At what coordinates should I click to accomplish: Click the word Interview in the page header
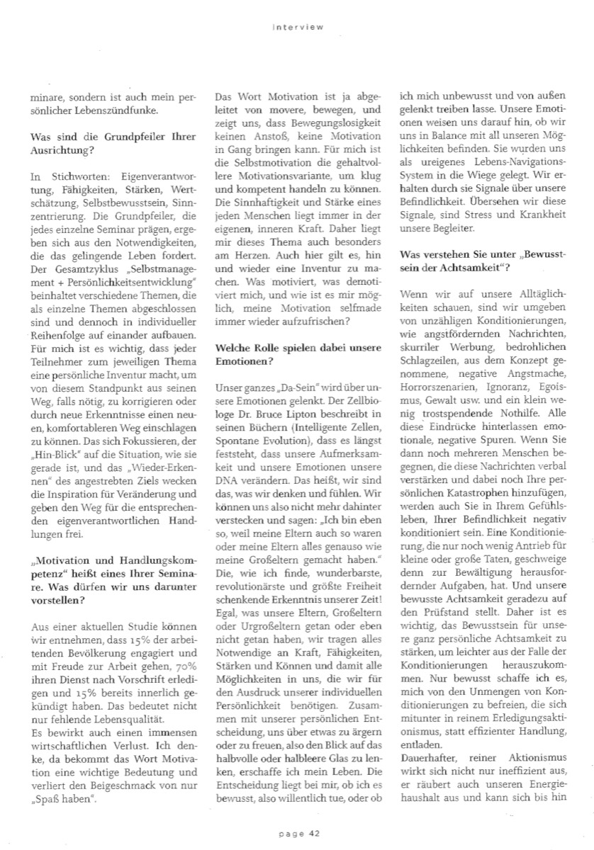point(297,28)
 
